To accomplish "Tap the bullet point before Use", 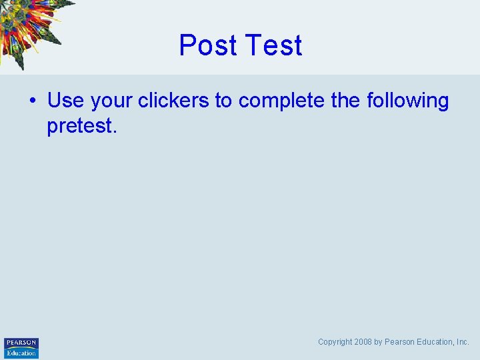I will pos(31,101).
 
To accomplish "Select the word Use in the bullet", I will pos(65,101).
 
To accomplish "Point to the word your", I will pos(111,101).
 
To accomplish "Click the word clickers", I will pos(173,101).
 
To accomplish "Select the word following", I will pos(408,101).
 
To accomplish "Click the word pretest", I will pos(80,126).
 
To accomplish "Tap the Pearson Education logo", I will pos(21,347).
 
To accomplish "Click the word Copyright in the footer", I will pos(335,342).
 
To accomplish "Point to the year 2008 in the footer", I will pos(363,342).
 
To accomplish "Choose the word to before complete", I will pos(223,101).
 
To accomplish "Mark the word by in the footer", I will pos(378,342).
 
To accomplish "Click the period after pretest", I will pos(115,131).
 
